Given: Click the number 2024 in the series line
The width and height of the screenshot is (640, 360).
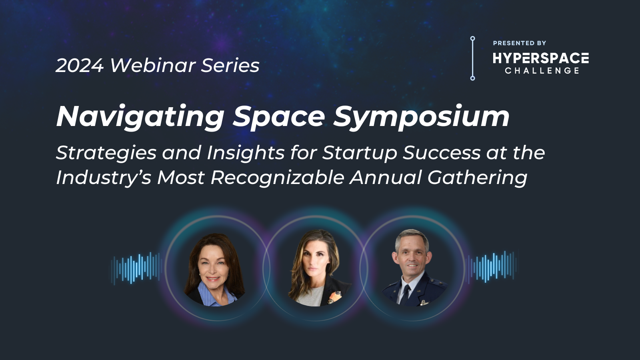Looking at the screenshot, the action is point(80,66).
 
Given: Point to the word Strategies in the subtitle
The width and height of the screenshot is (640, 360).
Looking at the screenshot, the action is point(106,153).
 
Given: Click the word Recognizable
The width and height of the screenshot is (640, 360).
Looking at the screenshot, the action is point(278,178).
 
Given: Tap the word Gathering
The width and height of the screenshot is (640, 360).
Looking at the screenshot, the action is point(478,178).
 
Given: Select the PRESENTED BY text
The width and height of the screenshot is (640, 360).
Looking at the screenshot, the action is point(520,43).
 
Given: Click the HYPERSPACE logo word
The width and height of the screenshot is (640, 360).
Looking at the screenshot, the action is point(540,58).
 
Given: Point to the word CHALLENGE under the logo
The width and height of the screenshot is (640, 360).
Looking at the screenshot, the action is point(542,70).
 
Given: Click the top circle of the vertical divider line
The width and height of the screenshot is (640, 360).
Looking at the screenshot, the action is point(472,38).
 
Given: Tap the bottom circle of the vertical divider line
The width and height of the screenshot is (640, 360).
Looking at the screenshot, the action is point(472,78).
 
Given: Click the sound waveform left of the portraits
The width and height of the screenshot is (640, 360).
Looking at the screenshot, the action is point(136,268).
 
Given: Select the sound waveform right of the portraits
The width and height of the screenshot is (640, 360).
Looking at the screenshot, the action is point(492,268).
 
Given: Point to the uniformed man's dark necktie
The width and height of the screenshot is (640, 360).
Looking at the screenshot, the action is point(406,294).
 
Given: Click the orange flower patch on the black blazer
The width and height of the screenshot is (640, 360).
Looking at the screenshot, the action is point(334,297).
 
